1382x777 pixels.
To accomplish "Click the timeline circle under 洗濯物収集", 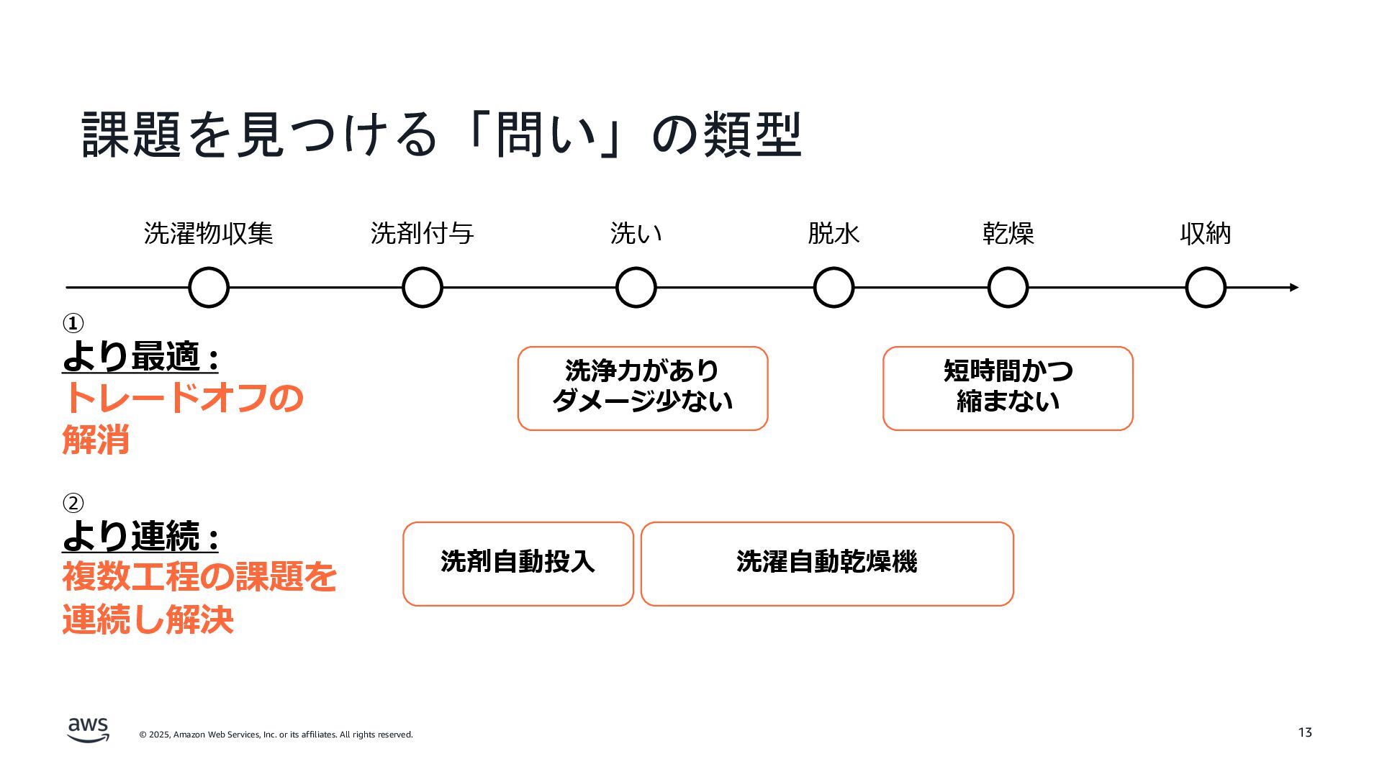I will coord(209,288).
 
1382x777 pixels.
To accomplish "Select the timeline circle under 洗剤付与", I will coord(423,288).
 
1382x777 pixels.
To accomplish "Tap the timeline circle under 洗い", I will coord(636,288).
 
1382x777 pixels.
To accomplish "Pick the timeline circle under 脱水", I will coord(834,288).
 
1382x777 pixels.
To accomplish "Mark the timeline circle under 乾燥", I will coord(1008,288).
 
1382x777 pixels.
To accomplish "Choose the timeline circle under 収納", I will coord(1206,288).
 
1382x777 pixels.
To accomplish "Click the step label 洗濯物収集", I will coord(209,234).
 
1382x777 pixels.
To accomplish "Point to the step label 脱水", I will coord(834,234).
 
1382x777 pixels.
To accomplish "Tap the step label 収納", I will coord(1206,234).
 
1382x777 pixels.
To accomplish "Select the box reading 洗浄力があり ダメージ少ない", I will coord(643,388).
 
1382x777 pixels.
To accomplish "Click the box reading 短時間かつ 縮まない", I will coord(1008,388).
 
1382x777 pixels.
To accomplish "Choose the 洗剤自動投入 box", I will coord(518,564).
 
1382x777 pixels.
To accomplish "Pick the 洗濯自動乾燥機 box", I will coord(827,564).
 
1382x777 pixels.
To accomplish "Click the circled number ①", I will coord(73,324).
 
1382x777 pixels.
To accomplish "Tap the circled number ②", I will coord(73,503).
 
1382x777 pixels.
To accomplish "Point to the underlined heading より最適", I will coord(140,357).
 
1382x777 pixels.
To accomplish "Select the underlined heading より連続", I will coord(140,536).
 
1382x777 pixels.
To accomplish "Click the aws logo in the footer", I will coord(89,730).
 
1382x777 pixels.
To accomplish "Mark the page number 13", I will coord(1305,732).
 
